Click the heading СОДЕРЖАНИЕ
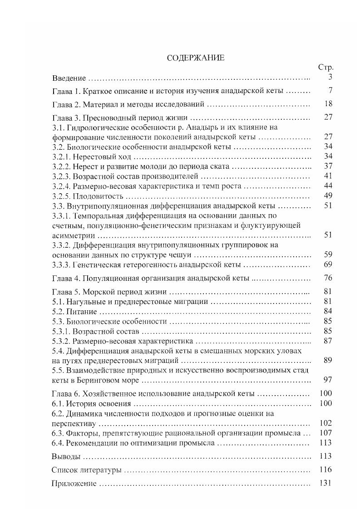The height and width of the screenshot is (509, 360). point(196,58)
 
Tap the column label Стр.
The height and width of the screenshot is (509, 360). point(325,68)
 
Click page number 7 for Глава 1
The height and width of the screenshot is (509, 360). point(330,91)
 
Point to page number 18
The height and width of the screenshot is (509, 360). point(329,104)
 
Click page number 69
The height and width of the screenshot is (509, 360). point(328,264)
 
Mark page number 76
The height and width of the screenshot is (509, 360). point(328,278)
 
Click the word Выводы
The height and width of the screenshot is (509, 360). point(67,456)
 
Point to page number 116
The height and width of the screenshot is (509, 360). point(326,470)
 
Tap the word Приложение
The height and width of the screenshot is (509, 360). point(74,484)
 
